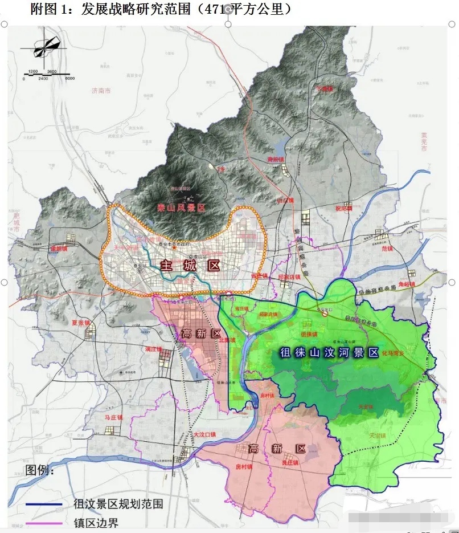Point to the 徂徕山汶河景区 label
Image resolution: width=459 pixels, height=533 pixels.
click(x=329, y=353)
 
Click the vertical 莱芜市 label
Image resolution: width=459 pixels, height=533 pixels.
click(x=424, y=142)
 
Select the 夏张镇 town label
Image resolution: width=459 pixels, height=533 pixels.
click(x=81, y=323)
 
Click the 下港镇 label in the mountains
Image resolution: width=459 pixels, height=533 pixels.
click(x=323, y=89)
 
